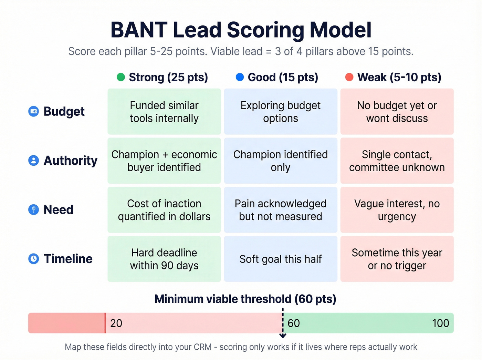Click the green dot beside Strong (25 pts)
121,77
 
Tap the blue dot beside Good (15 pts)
240,77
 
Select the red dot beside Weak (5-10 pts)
349,77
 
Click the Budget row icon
33,111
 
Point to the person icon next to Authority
33,161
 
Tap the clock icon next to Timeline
33,259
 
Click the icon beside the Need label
33,209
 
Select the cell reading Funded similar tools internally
164,112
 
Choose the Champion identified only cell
281,161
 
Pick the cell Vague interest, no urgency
397,210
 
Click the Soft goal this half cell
281,259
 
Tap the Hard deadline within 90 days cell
164,259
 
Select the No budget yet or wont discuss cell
397,112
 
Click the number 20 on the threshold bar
116,323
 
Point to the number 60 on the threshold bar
294,323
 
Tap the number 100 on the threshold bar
440,323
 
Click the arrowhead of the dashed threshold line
283,336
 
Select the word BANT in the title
139,30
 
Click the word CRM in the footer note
202,347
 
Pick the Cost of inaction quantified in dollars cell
164,210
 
